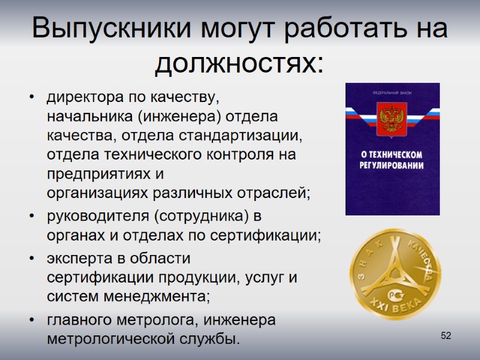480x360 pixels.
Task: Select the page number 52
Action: tap(446, 335)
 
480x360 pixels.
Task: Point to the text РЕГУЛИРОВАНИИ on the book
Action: tap(392, 166)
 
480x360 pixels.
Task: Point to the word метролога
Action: tap(160, 320)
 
